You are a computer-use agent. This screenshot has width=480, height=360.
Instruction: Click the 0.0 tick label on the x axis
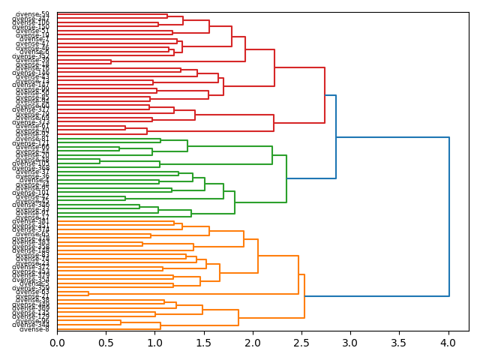point(57,343)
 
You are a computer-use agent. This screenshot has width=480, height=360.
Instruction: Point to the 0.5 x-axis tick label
point(106,343)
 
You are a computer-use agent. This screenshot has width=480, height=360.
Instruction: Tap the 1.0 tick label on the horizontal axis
point(154,343)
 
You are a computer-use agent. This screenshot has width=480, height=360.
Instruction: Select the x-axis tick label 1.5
point(203,343)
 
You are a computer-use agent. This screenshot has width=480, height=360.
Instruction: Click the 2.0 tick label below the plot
point(252,343)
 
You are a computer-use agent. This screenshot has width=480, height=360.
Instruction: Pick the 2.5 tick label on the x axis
point(301,343)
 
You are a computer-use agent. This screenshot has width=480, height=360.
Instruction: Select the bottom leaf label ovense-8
point(34,329)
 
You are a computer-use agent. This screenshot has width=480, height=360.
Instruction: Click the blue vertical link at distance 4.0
point(448,217)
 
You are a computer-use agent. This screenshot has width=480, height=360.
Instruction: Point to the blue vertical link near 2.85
point(336,136)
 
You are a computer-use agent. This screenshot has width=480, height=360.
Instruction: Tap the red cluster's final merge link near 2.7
point(325,95)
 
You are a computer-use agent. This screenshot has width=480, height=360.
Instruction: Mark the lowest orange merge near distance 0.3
point(88,293)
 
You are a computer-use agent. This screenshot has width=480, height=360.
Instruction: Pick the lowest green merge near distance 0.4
point(100,160)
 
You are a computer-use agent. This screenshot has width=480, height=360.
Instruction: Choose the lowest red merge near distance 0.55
point(111,61)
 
